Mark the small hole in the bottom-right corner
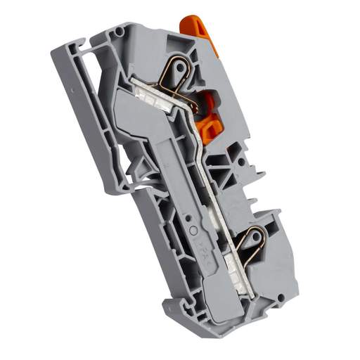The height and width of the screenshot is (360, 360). (281, 299)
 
